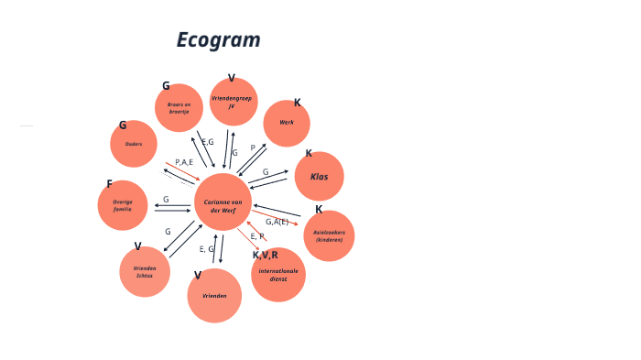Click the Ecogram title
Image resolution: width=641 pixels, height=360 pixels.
pyautogui.click(x=218, y=40)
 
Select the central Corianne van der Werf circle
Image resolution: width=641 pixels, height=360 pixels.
pyautogui.click(x=223, y=202)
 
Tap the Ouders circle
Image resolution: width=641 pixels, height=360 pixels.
pyautogui.click(x=134, y=144)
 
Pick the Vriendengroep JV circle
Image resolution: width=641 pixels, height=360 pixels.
pyautogui.click(x=233, y=102)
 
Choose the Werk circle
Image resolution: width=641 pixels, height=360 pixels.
pyautogui.click(x=287, y=123)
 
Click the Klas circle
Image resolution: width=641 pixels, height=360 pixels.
pyautogui.click(x=319, y=176)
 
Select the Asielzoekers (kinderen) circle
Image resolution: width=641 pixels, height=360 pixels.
pyautogui.click(x=329, y=235)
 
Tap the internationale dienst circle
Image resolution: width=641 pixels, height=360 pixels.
pyautogui.click(x=278, y=275)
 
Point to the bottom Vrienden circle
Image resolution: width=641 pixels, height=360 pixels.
pyautogui.click(x=214, y=296)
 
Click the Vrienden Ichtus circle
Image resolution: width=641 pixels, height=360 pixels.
pyautogui.click(x=145, y=271)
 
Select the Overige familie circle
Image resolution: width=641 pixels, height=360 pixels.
pyautogui.click(x=123, y=205)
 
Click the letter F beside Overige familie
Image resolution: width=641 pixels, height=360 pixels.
pyautogui.click(x=110, y=184)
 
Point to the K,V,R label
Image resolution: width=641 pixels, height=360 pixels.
pyautogui.click(x=265, y=255)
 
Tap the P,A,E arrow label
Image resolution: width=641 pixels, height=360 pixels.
pyautogui.click(x=183, y=162)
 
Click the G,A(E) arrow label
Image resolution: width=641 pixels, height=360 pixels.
pyautogui.click(x=277, y=222)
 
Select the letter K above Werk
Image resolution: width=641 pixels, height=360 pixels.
pyautogui.click(x=297, y=103)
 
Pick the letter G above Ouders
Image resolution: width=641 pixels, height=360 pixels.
pyautogui.click(x=123, y=125)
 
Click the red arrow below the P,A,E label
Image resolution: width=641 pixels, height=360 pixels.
pyautogui.click(x=182, y=171)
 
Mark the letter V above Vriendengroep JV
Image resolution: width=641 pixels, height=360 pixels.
pyautogui.click(x=232, y=78)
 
